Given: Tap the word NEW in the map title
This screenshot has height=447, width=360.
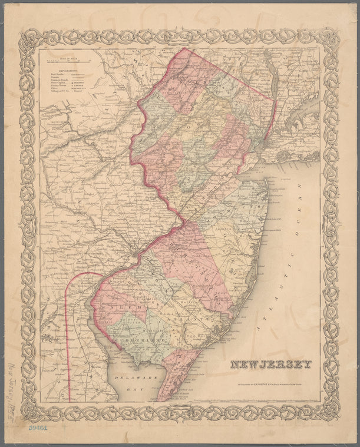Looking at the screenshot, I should (x=244, y=365).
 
